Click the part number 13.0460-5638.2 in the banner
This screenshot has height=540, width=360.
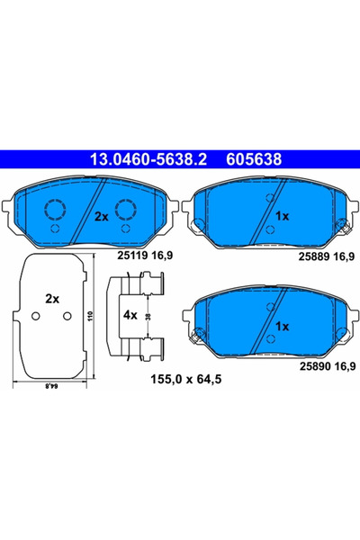148,159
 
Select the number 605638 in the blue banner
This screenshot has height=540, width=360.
254,159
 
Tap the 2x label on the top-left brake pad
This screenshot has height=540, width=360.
102,217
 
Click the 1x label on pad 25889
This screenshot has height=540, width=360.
282,216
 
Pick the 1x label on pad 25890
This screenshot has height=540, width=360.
282,326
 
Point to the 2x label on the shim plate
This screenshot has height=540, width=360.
52,299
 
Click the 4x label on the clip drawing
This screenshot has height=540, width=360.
130,315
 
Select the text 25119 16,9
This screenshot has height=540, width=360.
145,256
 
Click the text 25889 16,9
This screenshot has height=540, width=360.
326,256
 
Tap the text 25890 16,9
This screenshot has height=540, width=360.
328,366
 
